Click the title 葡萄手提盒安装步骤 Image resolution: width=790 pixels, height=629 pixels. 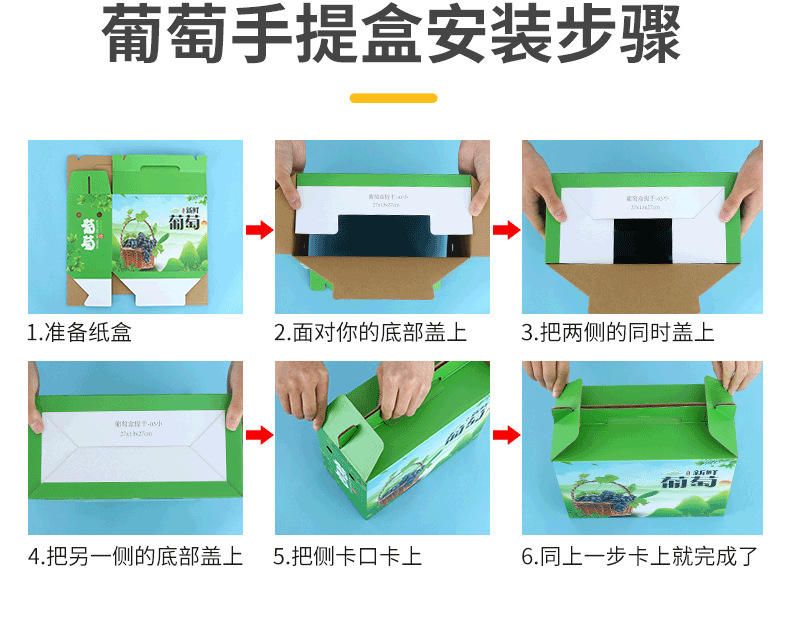[x=393, y=37]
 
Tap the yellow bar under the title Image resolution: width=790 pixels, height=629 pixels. [x=393, y=98]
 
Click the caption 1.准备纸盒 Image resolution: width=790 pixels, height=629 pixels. [x=79, y=333]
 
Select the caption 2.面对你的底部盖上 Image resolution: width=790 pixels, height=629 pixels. [x=370, y=333]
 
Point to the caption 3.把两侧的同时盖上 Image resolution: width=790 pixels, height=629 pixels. [x=618, y=333]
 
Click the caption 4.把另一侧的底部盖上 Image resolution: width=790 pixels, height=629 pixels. [x=135, y=557]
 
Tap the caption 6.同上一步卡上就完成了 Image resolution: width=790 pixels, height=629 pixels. [x=640, y=557]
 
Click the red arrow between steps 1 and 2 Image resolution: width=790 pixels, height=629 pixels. [x=259, y=231]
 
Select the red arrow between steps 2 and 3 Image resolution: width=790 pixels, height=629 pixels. [x=507, y=231]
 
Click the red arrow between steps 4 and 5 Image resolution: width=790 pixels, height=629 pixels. [x=259, y=435]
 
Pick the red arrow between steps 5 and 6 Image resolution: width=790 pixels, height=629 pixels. [x=507, y=435]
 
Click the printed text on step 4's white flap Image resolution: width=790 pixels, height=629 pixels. [x=135, y=427]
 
